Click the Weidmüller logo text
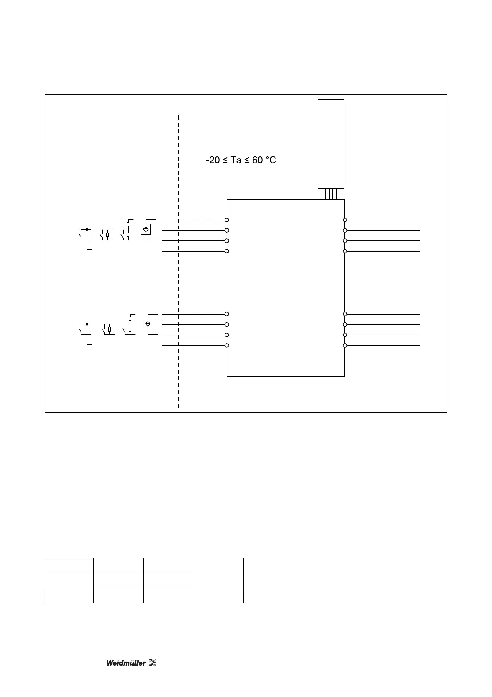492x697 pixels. [126, 663]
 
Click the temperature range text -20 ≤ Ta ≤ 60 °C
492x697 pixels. [241, 160]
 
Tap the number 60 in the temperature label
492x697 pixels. [257, 160]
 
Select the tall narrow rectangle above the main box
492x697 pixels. [331, 144]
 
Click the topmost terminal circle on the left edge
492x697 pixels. [227, 220]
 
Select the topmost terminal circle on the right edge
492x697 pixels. [345, 220]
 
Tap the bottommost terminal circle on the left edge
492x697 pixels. [227, 345]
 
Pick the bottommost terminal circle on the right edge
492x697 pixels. [345, 345]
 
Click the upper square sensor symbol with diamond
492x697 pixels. [146, 229]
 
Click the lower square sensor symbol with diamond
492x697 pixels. [148, 324]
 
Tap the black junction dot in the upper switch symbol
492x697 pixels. [86, 229]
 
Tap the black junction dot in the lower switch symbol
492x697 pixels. [86, 324]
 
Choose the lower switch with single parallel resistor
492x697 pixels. [108, 329]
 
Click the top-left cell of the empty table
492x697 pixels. [69, 565]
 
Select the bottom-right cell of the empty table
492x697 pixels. [218, 595]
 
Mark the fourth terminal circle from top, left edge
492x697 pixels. [227, 251]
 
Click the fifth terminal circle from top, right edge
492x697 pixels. [345, 314]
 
